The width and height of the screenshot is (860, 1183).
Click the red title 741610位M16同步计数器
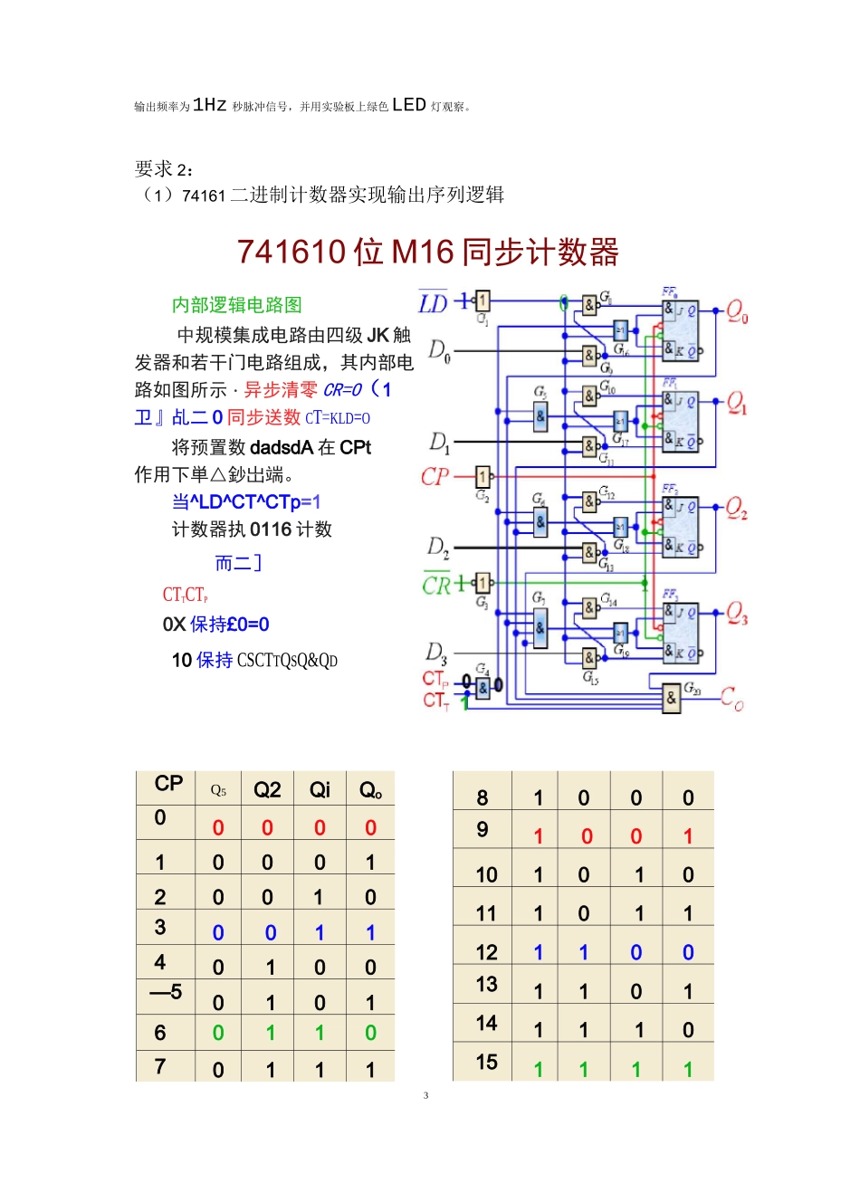(x=428, y=253)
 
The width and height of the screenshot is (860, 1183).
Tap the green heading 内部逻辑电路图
(x=237, y=305)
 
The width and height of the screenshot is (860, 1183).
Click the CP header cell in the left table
(x=168, y=784)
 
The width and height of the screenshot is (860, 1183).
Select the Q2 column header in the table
(x=267, y=790)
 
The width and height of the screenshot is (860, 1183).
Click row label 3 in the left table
(x=160, y=927)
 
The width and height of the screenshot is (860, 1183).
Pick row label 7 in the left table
(x=160, y=1066)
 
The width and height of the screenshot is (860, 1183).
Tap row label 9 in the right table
(x=483, y=830)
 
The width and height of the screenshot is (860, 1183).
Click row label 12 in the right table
(x=486, y=952)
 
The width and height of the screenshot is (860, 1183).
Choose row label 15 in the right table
(x=486, y=1062)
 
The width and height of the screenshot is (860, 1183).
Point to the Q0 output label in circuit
(x=737, y=314)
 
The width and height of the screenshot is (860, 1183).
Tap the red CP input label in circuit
(x=435, y=477)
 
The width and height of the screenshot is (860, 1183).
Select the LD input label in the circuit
(x=434, y=303)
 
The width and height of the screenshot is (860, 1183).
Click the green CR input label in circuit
(x=436, y=585)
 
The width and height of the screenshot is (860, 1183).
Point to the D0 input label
(x=439, y=350)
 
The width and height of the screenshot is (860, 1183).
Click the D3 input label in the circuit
(x=436, y=653)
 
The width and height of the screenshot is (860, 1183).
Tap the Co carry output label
(x=731, y=699)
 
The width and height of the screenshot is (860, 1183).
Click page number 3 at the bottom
(x=425, y=1095)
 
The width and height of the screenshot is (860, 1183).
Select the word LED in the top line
(x=409, y=105)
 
